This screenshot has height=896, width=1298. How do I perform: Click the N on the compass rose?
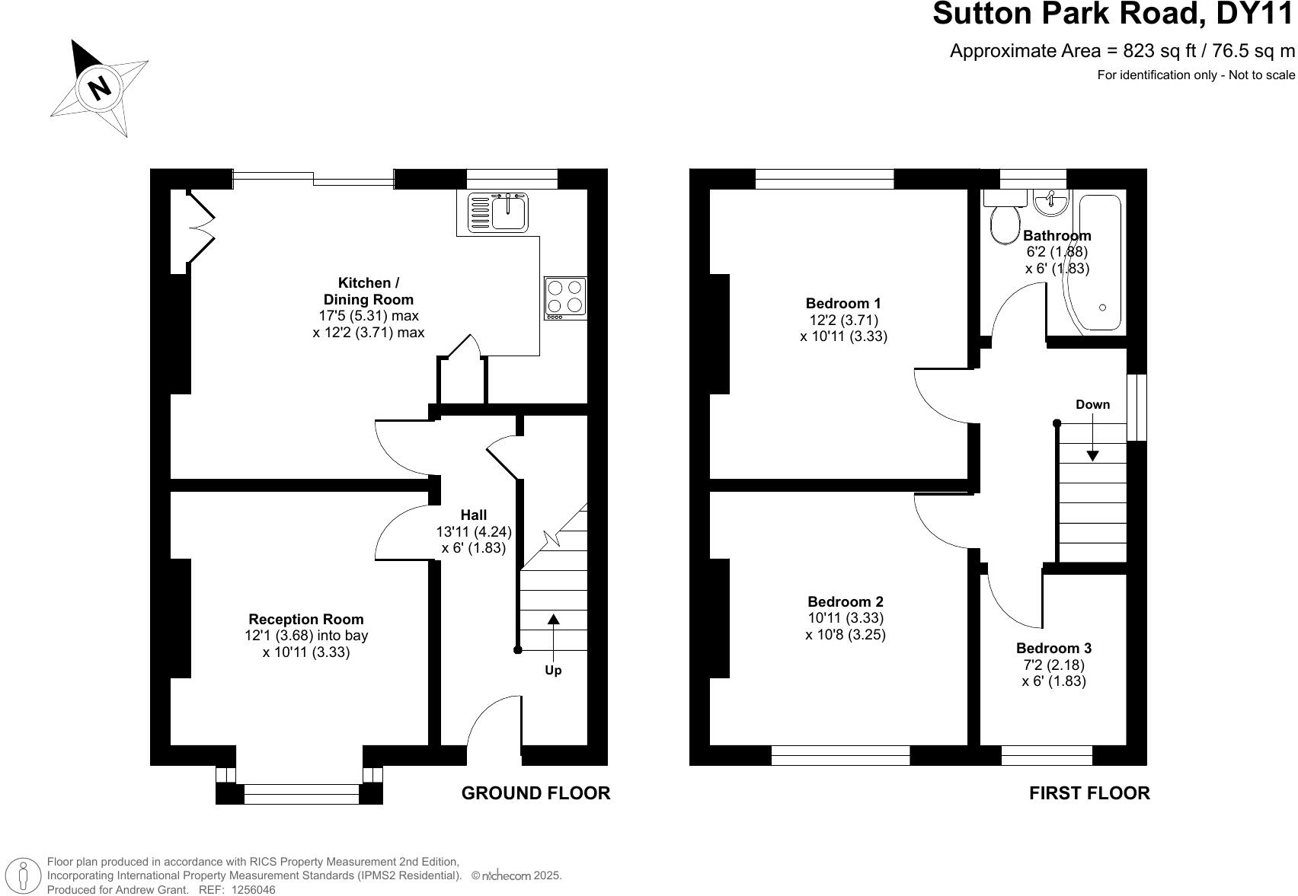(100, 88)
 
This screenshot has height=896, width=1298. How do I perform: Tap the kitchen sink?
(498, 212)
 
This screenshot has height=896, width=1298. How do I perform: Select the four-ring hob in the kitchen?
(565, 299)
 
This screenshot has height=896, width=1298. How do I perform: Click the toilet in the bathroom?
(1005, 218)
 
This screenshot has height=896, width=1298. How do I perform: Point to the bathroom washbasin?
(1050, 202)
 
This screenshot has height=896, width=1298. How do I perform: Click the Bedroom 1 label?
(843, 303)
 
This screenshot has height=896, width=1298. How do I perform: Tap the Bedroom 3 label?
(1053, 648)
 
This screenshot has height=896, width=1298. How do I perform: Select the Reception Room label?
(306, 619)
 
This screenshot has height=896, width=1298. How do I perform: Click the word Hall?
(474, 515)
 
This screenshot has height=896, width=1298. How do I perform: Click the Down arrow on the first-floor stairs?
(1092, 437)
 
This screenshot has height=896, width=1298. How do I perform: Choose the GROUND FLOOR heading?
(536, 793)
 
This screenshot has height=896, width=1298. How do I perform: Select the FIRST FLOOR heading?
(1089, 793)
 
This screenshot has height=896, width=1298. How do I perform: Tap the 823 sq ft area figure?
(1159, 51)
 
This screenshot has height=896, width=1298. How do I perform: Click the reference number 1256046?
(253, 890)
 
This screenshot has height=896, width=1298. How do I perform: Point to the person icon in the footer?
(23, 875)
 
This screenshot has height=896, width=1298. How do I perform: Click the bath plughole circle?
(1102, 308)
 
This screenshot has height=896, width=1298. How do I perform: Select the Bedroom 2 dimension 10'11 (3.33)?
(846, 618)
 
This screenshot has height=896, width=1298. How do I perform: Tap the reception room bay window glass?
(302, 794)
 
